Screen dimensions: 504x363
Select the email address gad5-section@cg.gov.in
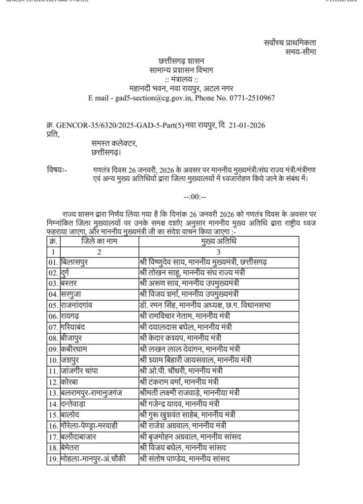[x=149, y=98]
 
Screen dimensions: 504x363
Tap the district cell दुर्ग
[x=67, y=273]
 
